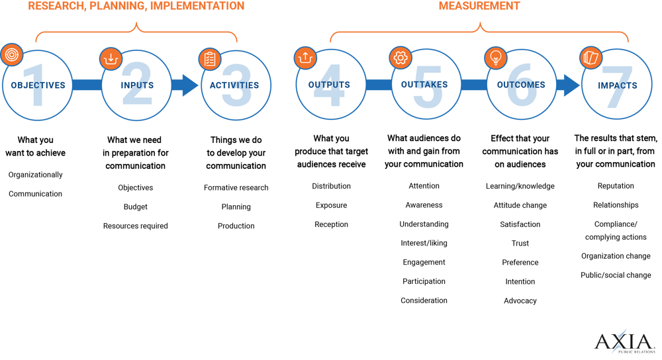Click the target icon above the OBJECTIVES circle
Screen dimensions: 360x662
click(x=11, y=55)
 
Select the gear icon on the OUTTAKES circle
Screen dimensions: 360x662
click(x=399, y=58)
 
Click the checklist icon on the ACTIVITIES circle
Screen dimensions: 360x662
click(x=209, y=59)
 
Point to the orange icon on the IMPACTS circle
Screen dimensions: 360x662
click(x=589, y=58)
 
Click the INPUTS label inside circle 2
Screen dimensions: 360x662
click(x=137, y=85)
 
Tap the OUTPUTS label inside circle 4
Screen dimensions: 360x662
click(x=329, y=85)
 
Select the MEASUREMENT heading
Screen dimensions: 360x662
click(x=479, y=6)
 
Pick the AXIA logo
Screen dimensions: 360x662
click(x=624, y=343)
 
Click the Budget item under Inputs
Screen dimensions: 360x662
click(x=135, y=206)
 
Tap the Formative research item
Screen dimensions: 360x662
click(x=236, y=188)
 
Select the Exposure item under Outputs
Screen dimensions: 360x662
click(x=331, y=205)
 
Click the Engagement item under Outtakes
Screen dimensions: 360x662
click(x=424, y=262)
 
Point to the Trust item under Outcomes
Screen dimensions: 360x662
click(x=520, y=244)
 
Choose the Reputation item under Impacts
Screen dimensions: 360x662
click(x=615, y=186)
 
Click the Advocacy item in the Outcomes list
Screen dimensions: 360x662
click(x=520, y=300)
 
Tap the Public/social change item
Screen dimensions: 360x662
click(x=616, y=275)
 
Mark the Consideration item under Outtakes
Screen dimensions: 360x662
click(x=424, y=300)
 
